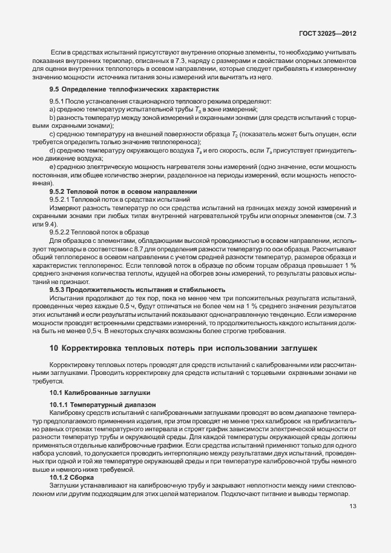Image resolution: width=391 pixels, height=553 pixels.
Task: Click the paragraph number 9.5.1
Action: pos(57,101)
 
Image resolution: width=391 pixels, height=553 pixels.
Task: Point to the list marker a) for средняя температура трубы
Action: pos(53,108)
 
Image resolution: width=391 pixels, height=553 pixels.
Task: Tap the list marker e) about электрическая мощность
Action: pos(53,166)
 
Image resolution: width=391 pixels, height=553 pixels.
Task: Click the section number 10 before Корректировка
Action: pos(53,348)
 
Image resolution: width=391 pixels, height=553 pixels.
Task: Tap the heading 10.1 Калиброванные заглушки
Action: pos(99,392)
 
